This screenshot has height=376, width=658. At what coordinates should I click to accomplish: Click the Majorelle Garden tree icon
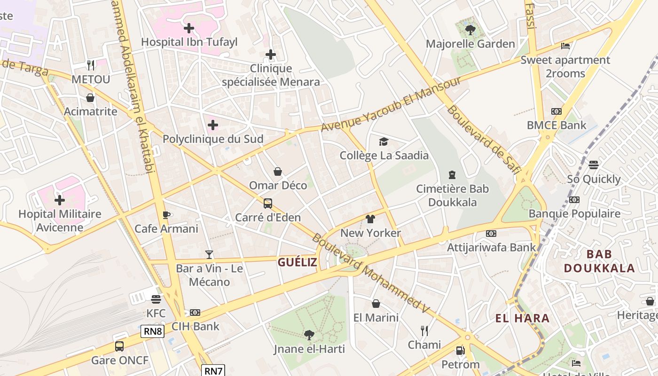(x=470, y=30)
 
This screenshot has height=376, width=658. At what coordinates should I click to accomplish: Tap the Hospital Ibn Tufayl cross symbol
(x=189, y=28)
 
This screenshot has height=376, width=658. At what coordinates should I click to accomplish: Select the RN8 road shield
(x=153, y=331)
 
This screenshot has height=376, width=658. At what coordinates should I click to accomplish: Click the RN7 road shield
(x=214, y=370)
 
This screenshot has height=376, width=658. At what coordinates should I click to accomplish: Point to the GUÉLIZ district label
(x=297, y=262)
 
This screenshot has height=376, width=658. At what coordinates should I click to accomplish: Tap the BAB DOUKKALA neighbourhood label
(x=599, y=261)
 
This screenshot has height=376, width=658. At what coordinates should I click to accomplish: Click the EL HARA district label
(x=522, y=318)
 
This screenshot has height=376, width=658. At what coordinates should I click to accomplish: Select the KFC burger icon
(x=156, y=299)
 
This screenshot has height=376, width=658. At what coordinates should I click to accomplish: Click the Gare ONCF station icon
(x=119, y=346)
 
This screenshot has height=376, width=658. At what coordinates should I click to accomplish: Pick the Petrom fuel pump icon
(x=460, y=350)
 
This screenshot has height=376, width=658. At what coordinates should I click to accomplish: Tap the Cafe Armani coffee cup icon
(x=166, y=215)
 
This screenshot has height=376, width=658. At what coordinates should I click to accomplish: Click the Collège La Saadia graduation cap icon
(x=384, y=141)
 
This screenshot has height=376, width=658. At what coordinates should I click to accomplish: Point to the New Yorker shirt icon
(x=370, y=219)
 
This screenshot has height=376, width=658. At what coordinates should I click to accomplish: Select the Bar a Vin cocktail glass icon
(x=209, y=255)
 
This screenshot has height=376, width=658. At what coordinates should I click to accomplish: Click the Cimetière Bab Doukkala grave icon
(x=452, y=175)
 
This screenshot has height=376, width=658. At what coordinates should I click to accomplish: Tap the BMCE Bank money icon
(x=556, y=111)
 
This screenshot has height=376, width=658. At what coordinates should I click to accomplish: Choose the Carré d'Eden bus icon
(x=267, y=204)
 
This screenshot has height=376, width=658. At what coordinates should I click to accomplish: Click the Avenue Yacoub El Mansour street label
(x=391, y=104)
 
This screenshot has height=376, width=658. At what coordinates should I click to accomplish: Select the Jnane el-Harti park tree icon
(x=309, y=335)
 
